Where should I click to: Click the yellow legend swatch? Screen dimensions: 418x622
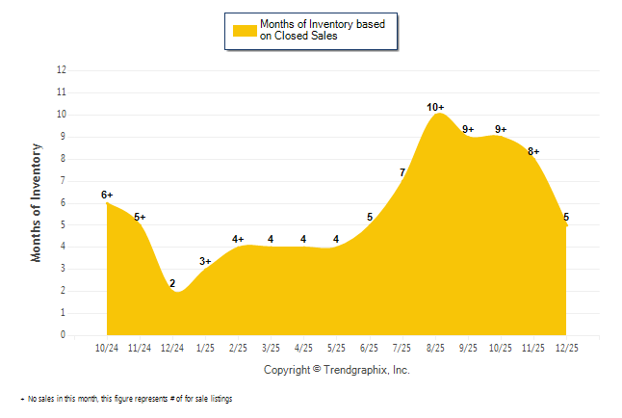pyautogui.click(x=245, y=30)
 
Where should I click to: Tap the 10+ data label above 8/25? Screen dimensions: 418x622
pyautogui.click(x=435, y=107)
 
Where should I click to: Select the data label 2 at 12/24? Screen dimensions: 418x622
pyautogui.click(x=172, y=283)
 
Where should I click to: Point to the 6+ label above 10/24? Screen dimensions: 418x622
pyautogui.click(x=107, y=195)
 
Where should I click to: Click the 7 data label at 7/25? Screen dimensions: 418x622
pyautogui.click(x=402, y=172)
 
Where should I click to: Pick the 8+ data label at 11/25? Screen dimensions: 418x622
pyautogui.click(x=532, y=151)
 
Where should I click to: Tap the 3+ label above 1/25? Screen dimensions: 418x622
pyautogui.click(x=205, y=261)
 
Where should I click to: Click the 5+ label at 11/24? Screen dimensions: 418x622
pyautogui.click(x=140, y=217)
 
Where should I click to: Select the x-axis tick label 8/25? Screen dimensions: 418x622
pyautogui.click(x=435, y=347)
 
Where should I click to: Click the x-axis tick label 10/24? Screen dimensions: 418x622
pyautogui.click(x=107, y=347)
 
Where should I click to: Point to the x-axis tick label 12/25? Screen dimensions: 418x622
pyautogui.click(x=566, y=347)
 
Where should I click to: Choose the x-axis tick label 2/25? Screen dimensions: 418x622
pyautogui.click(x=238, y=347)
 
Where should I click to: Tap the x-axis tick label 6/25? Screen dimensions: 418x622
pyautogui.click(x=370, y=347)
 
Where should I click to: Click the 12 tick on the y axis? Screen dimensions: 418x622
pyautogui.click(x=62, y=70)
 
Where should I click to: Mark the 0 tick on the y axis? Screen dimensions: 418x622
pyautogui.click(x=64, y=335)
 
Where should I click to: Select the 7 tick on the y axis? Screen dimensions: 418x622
pyautogui.click(x=64, y=181)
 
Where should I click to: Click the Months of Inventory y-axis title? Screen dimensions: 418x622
pyautogui.click(x=37, y=202)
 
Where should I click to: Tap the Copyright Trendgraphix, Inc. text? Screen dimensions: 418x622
pyautogui.click(x=336, y=369)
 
